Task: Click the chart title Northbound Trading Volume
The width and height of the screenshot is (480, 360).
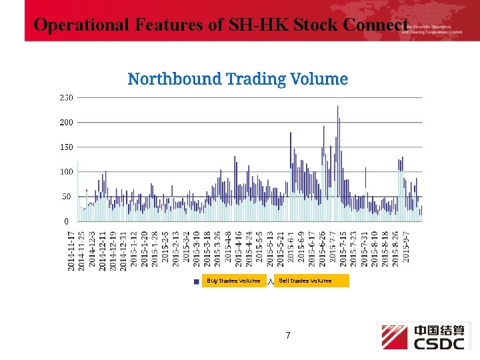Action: point(237,79)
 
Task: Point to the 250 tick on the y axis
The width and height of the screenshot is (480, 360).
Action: point(66,97)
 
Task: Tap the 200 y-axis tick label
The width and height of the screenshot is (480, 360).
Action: point(66,123)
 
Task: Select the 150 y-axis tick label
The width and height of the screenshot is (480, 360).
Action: point(66,147)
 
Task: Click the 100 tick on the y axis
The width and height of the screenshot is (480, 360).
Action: point(66,172)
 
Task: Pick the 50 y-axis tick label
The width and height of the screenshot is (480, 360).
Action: point(66,197)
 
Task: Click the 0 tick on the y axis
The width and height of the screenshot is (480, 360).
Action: point(66,221)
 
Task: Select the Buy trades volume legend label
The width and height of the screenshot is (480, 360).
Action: point(233,281)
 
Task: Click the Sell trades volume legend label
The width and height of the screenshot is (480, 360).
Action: point(305,281)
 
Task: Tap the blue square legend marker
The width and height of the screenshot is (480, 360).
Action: point(196,281)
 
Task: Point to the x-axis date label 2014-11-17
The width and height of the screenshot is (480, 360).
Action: point(71,251)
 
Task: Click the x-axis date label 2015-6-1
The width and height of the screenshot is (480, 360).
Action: point(291,247)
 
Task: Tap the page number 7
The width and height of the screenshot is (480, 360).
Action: point(288,335)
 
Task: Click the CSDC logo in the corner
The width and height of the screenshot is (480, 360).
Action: point(423,337)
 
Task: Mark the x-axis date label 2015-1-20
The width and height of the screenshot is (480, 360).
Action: point(145,249)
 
